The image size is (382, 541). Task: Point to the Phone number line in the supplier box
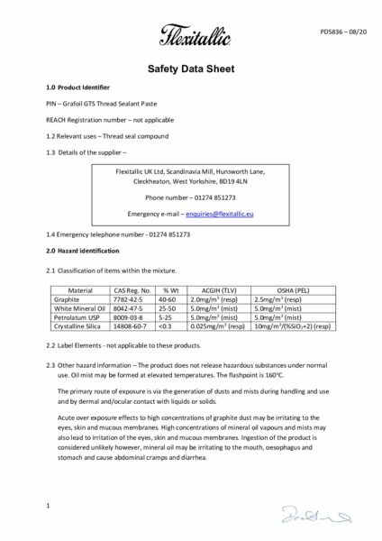pyautogui.click(x=190, y=197)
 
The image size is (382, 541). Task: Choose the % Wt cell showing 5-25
pyautogui.click(x=166, y=316)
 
